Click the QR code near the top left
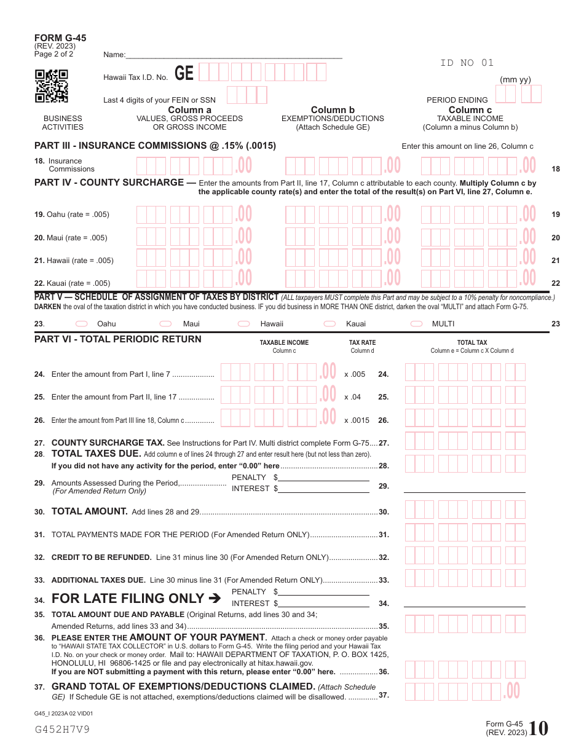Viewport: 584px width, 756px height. click(51, 86)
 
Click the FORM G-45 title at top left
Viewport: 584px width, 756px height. click(60, 38)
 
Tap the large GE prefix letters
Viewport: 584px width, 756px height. click(184, 74)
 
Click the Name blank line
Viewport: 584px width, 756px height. click(234, 55)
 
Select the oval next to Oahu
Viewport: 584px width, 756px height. click(81, 324)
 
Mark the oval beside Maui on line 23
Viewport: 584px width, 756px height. click(165, 324)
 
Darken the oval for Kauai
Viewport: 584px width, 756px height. click(330, 324)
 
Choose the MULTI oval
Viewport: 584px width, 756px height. click(417, 324)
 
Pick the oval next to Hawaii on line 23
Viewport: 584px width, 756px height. click(244, 324)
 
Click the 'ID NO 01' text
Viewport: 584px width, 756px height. click(467, 63)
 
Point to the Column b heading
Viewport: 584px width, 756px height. click(333, 110)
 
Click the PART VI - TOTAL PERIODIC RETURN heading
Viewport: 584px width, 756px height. click(118, 339)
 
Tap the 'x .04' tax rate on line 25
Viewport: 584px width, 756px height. click(353, 397)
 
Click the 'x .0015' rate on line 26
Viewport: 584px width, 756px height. click(357, 420)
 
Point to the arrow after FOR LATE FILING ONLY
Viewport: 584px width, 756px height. click(215, 598)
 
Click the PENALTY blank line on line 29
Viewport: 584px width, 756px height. click(324, 478)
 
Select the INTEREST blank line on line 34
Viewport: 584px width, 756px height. click(324, 604)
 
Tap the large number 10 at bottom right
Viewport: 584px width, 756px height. click(539, 728)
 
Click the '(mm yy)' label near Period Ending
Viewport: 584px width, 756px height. click(515, 80)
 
